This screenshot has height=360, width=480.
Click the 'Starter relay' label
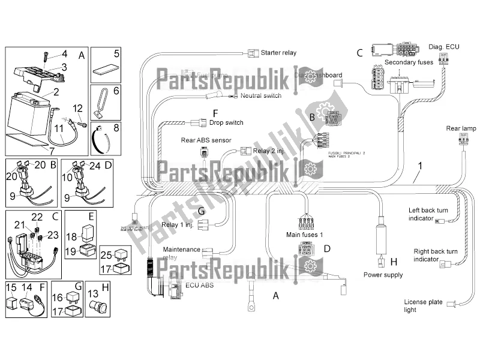278,53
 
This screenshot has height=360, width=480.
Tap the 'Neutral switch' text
260,95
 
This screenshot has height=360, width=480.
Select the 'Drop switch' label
226,122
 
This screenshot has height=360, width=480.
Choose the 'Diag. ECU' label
445,46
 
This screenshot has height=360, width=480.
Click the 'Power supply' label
383,275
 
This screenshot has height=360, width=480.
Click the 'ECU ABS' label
199,285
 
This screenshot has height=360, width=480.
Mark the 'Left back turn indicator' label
429,214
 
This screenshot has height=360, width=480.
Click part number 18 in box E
71,236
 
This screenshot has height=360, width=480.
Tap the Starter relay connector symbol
251,52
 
